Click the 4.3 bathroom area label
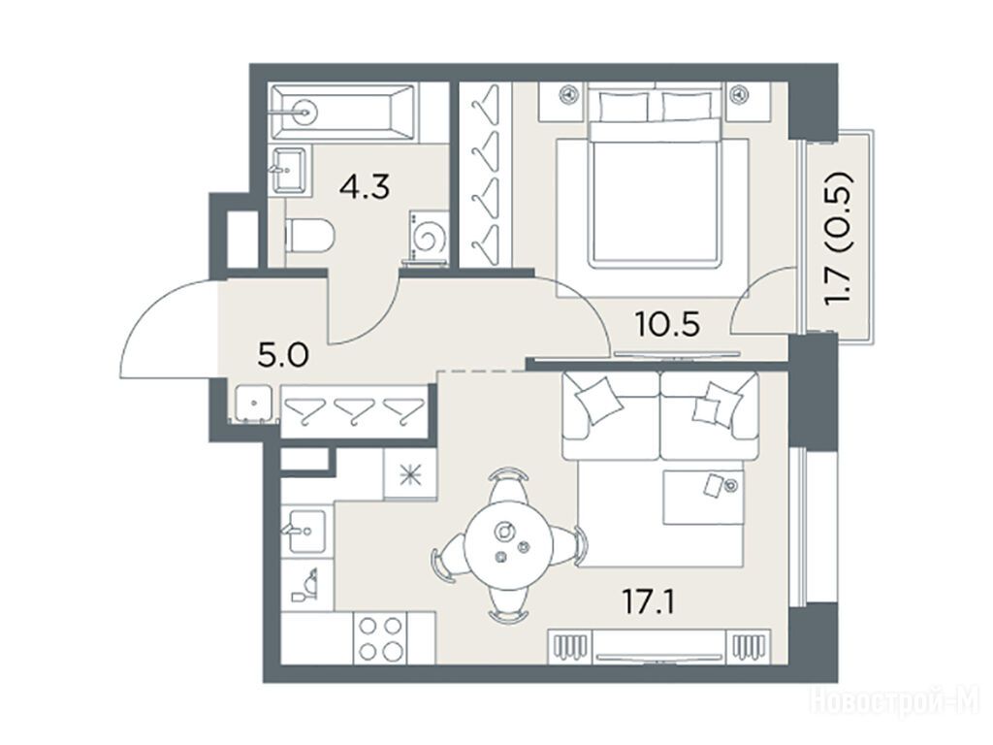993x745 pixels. click(x=365, y=186)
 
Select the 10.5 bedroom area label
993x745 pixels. click(x=667, y=324)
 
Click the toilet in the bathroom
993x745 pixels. click(x=309, y=235)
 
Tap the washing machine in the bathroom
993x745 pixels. click(x=428, y=237)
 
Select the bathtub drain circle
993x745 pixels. click(x=305, y=113)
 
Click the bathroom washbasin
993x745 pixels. click(x=289, y=169)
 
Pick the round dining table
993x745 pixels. click(x=508, y=545)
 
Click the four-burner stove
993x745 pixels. click(x=380, y=638)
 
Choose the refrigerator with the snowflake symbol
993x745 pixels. click(x=410, y=474)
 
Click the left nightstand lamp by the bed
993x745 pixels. click(x=568, y=95)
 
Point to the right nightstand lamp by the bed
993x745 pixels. click(x=738, y=95)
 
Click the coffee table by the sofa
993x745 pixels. click(x=703, y=498)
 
